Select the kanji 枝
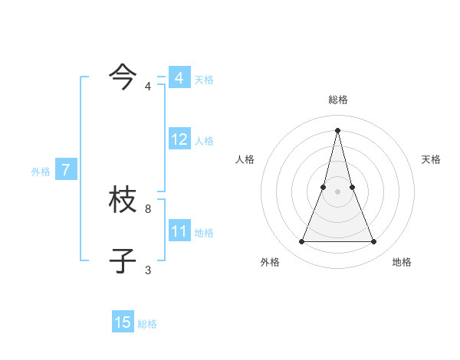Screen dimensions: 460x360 [x=123, y=201]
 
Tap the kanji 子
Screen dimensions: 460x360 [x=123, y=260]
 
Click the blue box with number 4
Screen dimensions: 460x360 [x=179, y=78]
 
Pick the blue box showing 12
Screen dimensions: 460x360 [x=179, y=139]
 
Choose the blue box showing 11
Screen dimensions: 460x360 [x=179, y=231]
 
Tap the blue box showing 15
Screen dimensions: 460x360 [x=123, y=322]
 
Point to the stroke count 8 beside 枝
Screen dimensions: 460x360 [x=148, y=208]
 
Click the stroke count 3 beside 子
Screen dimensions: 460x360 [x=148, y=270]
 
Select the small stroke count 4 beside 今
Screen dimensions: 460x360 [x=148, y=86]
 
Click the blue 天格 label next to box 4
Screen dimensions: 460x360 [x=204, y=80]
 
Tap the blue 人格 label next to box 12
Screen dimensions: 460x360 [x=204, y=141]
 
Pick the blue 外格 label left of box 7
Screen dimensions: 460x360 [x=41, y=172]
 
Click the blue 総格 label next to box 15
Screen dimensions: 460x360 [x=147, y=324]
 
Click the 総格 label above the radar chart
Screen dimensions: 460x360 [x=338, y=100]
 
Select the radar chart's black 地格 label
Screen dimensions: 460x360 [x=402, y=262]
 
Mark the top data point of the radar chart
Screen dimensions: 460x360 [x=338, y=129]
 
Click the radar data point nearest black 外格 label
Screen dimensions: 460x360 [x=302, y=242]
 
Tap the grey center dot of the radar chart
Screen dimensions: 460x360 [x=338, y=191]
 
